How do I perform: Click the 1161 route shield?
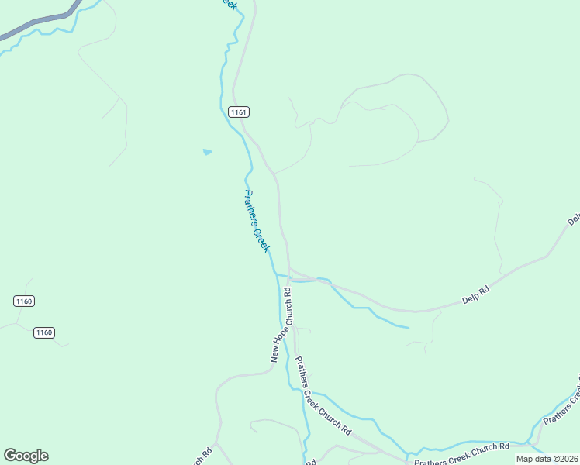[238, 112]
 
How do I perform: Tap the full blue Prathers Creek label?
[257, 221]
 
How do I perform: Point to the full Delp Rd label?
[475, 294]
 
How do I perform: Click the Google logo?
[26, 455]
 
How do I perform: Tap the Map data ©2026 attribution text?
[547, 459]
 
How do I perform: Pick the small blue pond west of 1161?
[207, 152]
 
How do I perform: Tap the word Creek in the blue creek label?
[261, 236]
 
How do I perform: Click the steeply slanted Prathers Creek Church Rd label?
[323, 395]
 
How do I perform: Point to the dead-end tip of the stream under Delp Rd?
[408, 328]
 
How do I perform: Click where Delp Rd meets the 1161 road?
[289, 271]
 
